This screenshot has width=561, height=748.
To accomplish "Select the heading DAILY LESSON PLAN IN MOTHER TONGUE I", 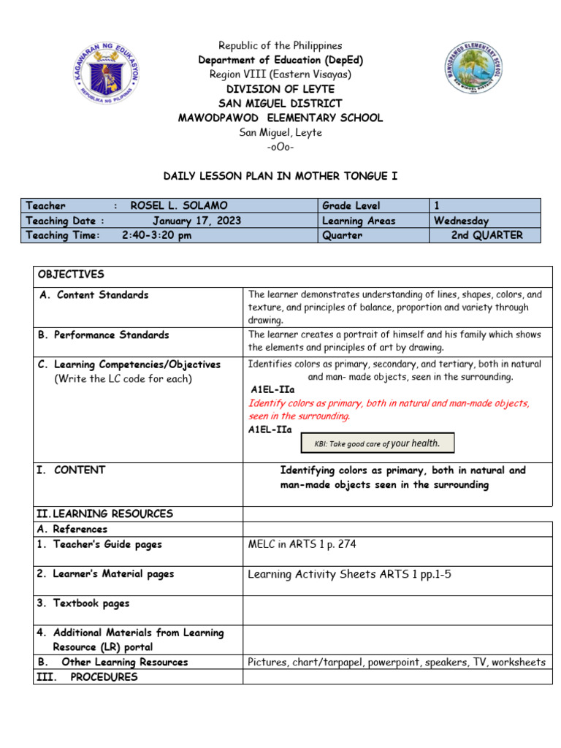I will click(x=280, y=176).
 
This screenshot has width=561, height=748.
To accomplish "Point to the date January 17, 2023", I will click(x=196, y=221).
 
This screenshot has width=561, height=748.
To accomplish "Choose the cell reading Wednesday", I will click(x=461, y=221).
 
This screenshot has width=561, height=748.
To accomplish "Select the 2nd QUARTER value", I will click(x=486, y=235).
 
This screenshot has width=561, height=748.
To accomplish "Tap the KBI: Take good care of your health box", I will click(x=378, y=443).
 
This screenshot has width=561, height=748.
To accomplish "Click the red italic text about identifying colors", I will click(x=389, y=409).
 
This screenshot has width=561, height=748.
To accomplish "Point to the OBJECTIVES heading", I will click(x=71, y=275).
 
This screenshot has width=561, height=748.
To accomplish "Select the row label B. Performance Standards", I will click(x=103, y=335).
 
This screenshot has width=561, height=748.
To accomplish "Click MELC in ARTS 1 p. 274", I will click(x=302, y=544).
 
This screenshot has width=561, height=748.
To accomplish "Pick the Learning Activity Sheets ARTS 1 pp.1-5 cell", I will click(x=349, y=574).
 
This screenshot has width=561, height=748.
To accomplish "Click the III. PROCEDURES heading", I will click(x=87, y=677).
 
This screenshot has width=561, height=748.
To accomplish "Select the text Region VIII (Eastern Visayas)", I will click(x=280, y=75).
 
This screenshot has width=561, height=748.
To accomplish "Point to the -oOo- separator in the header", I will click(x=280, y=147).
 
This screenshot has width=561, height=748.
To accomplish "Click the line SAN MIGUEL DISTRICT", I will click(x=280, y=104).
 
